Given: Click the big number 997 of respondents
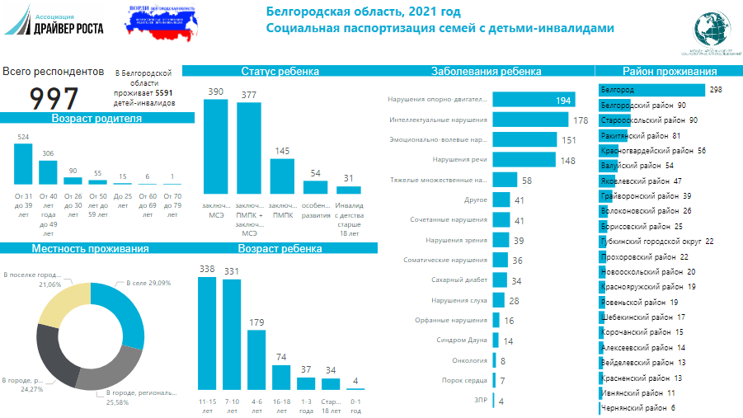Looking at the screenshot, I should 54,97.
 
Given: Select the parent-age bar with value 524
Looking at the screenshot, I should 23,163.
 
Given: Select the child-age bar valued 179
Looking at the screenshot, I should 256,359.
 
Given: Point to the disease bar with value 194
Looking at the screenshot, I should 533,100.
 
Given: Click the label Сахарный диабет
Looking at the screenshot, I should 459,280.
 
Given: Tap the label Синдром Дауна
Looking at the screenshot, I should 463,340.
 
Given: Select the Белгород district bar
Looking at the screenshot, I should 651,90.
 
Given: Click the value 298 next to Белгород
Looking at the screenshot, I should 715,90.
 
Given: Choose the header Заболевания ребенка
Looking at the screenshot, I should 486,72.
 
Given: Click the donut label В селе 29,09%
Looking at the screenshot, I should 148,283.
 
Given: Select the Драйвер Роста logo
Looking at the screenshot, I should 54,21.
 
